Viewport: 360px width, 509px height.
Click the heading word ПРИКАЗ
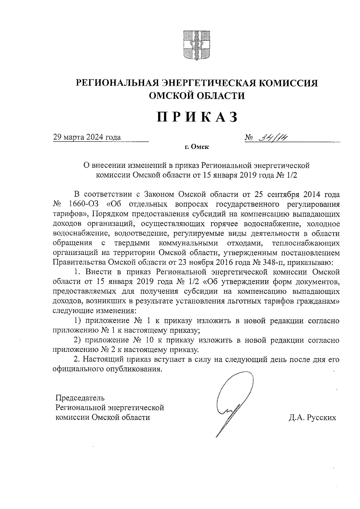197,117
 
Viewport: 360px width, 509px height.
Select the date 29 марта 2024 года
87,137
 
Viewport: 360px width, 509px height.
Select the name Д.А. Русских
312,418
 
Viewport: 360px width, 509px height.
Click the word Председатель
80,398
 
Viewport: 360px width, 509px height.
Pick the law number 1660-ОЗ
84,204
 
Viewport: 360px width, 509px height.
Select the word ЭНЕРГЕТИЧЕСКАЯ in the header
205,82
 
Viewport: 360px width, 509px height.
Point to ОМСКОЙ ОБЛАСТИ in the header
197,95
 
